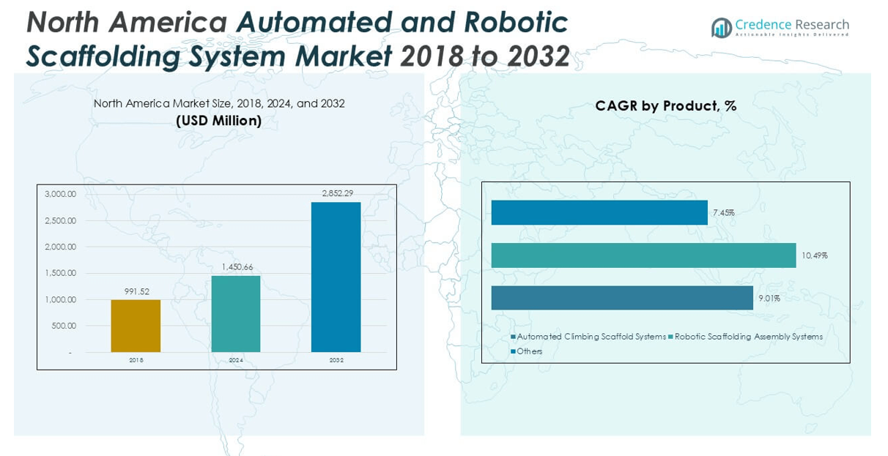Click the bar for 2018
click(x=136, y=326)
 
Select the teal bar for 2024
click(x=236, y=313)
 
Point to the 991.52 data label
click(x=136, y=291)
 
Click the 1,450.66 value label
click(x=237, y=267)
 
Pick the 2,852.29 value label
click(x=337, y=193)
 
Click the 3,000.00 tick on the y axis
click(x=60, y=194)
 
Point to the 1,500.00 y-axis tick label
click(x=60, y=273)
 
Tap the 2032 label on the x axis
click(x=336, y=360)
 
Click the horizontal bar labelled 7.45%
click(x=599, y=212)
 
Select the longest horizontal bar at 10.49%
click(x=643, y=255)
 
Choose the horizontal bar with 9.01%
click(x=622, y=298)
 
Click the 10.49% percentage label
click(x=814, y=255)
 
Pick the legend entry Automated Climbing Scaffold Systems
click(x=591, y=337)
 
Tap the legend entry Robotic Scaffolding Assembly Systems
click(x=747, y=337)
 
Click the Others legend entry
click(x=528, y=351)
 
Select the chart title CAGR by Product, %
click(x=665, y=106)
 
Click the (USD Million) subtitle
click(x=218, y=121)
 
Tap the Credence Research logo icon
click(x=722, y=28)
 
